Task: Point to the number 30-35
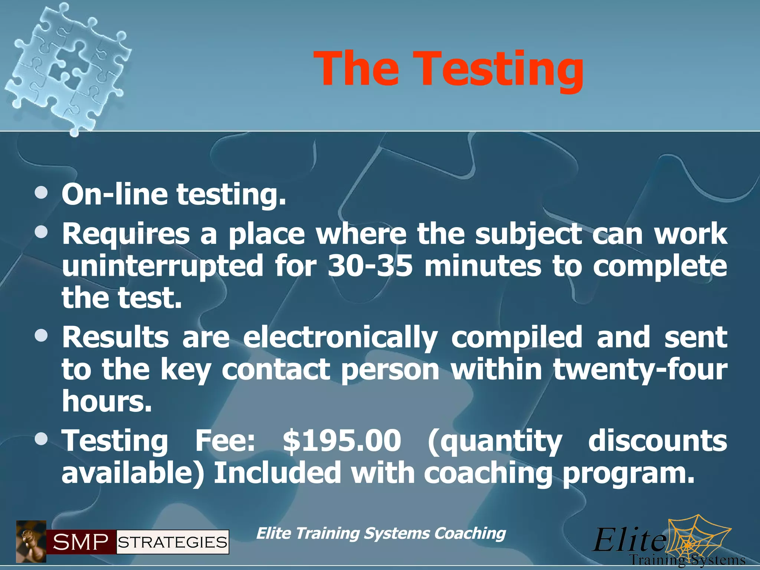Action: pos(370,266)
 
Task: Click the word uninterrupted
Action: pos(163,266)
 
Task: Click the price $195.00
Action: pos(342,440)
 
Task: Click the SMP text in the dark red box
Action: pos(81,542)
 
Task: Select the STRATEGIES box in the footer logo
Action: pos(173,542)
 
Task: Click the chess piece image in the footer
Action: pos(31,541)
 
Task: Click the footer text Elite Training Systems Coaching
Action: pos(381,534)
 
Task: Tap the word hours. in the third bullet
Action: pos(107,401)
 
